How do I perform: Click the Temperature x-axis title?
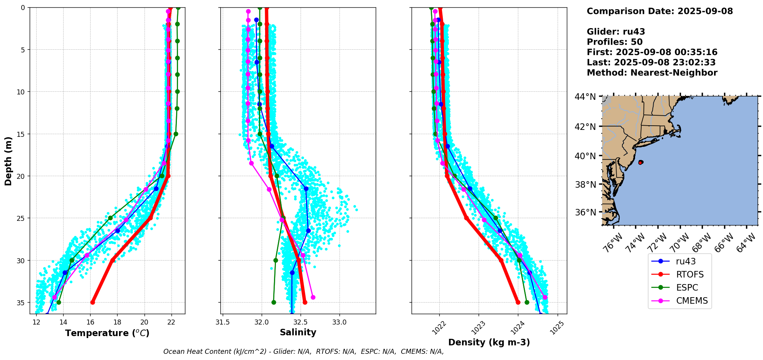(107, 333)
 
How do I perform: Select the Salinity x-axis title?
(298, 333)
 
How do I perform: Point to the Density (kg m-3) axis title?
(489, 342)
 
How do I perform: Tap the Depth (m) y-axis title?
(8, 161)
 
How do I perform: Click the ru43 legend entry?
(686, 261)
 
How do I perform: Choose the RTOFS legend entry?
(689, 274)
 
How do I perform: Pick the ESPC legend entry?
(687, 288)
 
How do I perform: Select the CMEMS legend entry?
(692, 301)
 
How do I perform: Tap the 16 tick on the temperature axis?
(90, 322)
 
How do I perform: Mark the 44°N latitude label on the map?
(585, 97)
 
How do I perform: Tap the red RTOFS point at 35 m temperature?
(92, 302)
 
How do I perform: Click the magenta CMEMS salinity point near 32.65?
(313, 297)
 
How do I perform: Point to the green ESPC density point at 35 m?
(527, 302)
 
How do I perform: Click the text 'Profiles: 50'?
(615, 42)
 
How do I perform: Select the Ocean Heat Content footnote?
(303, 352)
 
